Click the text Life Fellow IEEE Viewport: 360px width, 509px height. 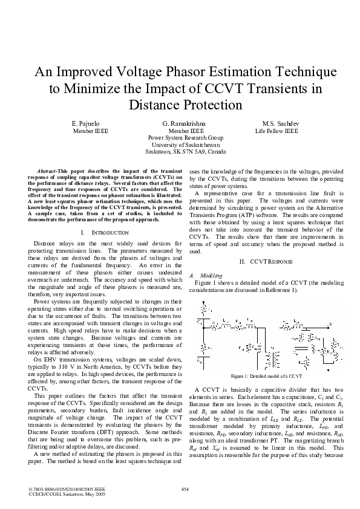click(277, 131)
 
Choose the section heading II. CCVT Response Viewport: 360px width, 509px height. click(257, 261)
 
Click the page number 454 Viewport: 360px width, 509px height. click(186, 488)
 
